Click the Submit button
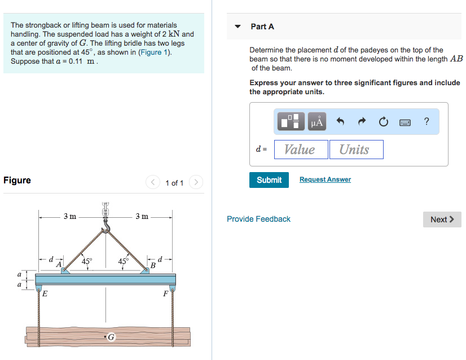point(269,180)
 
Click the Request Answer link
point(325,179)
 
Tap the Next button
point(442,219)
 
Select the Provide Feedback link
point(258,219)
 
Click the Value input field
point(300,150)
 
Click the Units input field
point(355,150)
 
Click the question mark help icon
point(427,121)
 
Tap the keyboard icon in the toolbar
point(405,121)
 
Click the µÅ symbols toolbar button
point(317,121)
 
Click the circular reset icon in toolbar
point(383,121)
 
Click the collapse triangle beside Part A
point(238,27)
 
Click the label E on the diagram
point(45,293)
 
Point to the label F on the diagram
point(165,293)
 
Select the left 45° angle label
point(87,261)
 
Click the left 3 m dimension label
point(70,216)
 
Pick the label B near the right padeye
point(152,265)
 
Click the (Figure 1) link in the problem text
point(155,52)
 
